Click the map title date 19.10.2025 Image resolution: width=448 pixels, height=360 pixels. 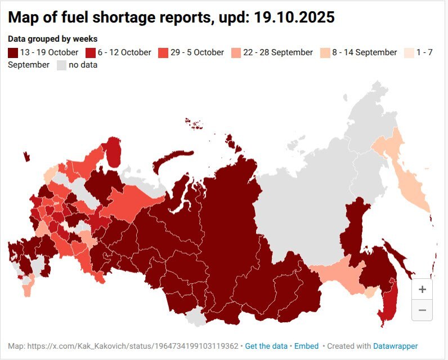click(x=293, y=17)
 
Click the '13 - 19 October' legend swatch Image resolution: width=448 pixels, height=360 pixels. click(x=14, y=52)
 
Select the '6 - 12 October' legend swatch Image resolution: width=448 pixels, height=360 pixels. click(x=90, y=52)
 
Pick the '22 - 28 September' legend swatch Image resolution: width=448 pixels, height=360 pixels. click(x=235, y=52)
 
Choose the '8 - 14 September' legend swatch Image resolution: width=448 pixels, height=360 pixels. click(x=325, y=52)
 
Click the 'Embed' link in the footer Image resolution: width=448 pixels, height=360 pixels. click(x=307, y=346)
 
